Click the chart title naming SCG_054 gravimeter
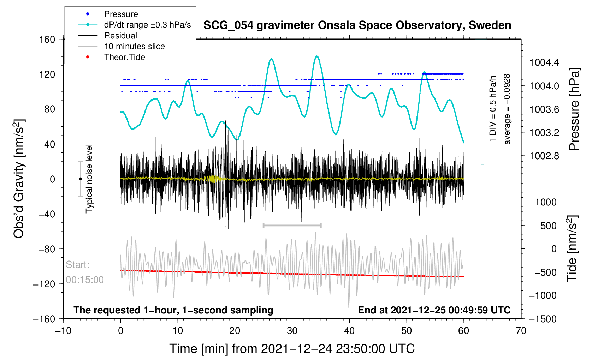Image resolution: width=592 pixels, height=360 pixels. coord(357,25)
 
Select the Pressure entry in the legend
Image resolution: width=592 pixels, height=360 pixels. coord(121,14)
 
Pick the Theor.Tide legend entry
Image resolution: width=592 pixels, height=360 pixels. coord(124,57)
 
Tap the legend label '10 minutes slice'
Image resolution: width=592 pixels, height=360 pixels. coord(134,46)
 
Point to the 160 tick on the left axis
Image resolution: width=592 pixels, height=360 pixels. coord(47,39)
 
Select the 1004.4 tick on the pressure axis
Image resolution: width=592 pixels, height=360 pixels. coord(544,63)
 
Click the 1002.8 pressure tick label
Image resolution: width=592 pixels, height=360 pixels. coord(544,156)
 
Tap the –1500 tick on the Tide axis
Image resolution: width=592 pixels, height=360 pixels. coord(543,319)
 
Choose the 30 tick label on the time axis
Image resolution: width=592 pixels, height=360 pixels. coord(292,331)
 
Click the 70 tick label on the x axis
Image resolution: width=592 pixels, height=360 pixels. coord(521,331)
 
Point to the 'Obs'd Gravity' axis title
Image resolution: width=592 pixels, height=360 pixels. coord(19,179)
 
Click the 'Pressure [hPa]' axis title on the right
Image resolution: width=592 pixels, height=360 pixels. coord(574,109)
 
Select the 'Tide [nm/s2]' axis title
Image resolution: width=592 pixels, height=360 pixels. coord(572,248)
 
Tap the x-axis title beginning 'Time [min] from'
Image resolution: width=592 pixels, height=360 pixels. coord(292,349)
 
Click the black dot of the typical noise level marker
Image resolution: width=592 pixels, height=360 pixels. coord(80,179)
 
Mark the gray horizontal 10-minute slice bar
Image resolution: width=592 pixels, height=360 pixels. coord(292,225)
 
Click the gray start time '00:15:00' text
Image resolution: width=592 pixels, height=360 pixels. coord(85,280)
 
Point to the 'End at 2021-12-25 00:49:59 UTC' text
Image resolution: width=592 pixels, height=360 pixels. coord(434,310)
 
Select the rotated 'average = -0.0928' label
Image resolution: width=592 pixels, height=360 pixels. coord(507,109)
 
